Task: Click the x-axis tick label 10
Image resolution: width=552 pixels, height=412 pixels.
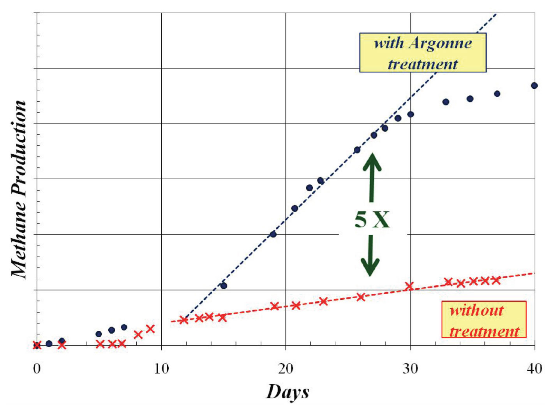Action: (x=161, y=368)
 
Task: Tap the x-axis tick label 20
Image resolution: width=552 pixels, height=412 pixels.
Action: (x=286, y=368)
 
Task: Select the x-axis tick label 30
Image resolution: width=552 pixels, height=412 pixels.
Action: (x=410, y=368)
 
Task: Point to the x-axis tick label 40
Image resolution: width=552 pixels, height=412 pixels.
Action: (x=534, y=368)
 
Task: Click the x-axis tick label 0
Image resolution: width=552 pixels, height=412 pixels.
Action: (x=37, y=368)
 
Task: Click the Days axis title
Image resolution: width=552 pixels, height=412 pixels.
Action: (x=287, y=391)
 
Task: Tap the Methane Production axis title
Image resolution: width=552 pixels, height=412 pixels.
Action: (x=19, y=189)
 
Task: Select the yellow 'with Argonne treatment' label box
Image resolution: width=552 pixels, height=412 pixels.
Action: (x=423, y=53)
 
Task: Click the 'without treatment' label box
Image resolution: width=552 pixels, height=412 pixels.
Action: (x=484, y=320)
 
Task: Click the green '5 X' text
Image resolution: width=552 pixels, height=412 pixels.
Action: (x=372, y=219)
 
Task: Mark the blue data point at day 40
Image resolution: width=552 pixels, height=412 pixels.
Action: (x=534, y=85)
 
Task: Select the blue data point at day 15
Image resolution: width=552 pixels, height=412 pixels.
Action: (x=224, y=286)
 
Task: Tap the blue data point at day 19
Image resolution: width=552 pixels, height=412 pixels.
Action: (x=273, y=234)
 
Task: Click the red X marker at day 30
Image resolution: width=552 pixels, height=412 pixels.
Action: (x=409, y=286)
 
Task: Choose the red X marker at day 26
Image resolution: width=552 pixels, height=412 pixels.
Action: (x=361, y=297)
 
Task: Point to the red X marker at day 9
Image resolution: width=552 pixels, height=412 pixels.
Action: (x=150, y=329)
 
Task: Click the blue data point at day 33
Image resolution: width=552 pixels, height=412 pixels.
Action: (x=446, y=102)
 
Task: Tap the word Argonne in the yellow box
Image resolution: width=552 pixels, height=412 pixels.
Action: (x=440, y=43)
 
